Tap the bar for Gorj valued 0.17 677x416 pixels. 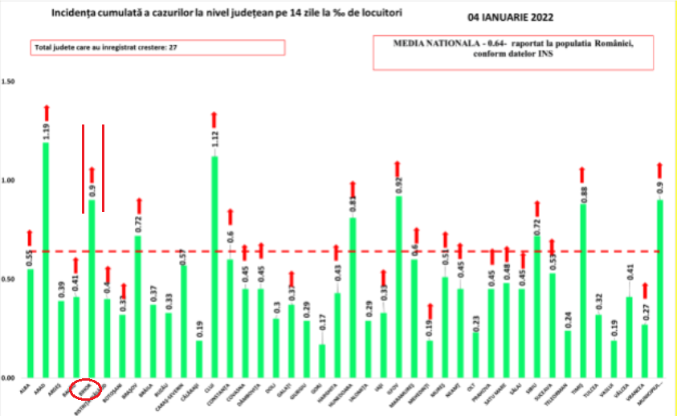pyautogui.click(x=321, y=361)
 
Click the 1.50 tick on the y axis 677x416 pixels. pyautogui.click(x=9, y=82)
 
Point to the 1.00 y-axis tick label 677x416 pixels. pyautogui.click(x=9, y=181)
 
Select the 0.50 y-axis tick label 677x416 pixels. pyautogui.click(x=9, y=279)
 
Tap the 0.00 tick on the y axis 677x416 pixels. pyautogui.click(x=9, y=378)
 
